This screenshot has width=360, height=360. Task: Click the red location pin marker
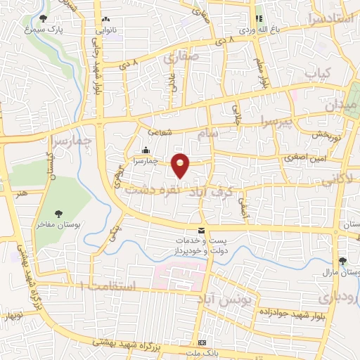(x=181, y=165)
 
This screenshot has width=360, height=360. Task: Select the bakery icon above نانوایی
(x=105, y=20)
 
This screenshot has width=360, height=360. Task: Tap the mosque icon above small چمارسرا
(x=146, y=150)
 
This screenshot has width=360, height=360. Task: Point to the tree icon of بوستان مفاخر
(x=59, y=213)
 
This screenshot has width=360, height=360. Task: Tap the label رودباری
(x=343, y=297)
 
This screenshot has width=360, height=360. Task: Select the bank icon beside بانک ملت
(x=202, y=342)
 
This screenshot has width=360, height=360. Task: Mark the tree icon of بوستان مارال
(x=342, y=260)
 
